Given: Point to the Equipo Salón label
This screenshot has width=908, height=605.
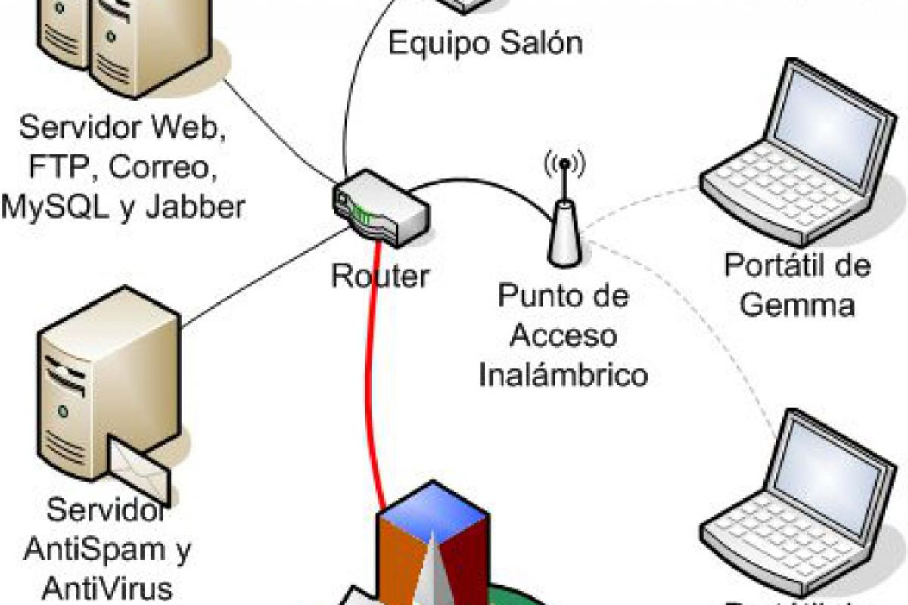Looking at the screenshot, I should pos(486,42).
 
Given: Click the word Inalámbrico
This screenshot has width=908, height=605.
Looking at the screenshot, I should pos(564,374).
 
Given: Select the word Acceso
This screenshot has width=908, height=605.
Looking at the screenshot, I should pos(564,334).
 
